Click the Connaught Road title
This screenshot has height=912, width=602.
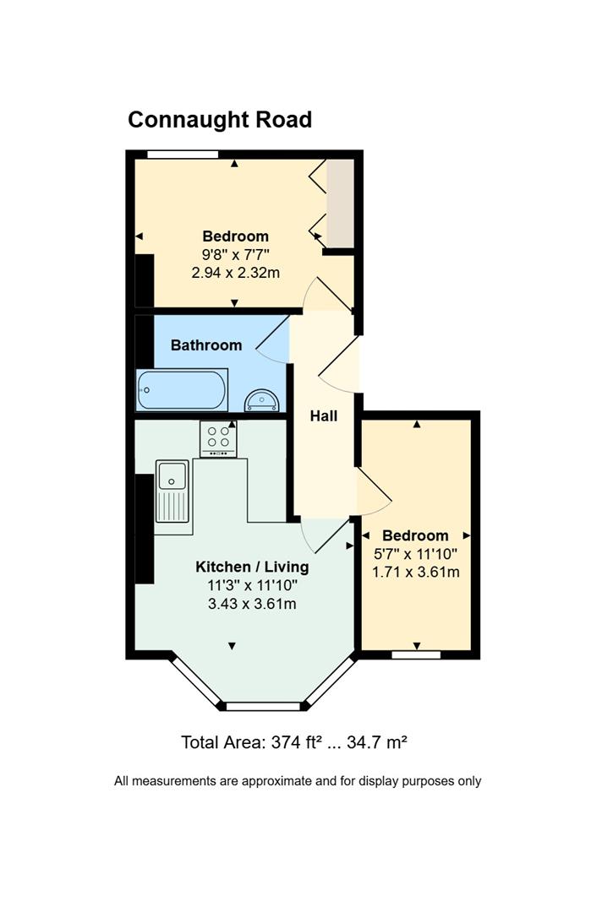[220, 120]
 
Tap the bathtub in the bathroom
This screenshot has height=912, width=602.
[182, 389]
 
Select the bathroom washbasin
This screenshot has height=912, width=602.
[262, 400]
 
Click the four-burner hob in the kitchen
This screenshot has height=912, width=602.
[218, 438]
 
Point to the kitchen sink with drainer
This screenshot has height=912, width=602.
[173, 491]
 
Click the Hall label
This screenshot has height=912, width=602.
[324, 415]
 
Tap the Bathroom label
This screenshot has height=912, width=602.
[206, 345]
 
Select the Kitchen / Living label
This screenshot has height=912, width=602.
[252, 567]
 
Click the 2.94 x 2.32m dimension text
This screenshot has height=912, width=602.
[235, 272]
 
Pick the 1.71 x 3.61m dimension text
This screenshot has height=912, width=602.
[416, 572]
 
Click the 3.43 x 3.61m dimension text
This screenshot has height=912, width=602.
[252, 604]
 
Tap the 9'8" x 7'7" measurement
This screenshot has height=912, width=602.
[235, 254]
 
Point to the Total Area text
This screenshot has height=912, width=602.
[294, 742]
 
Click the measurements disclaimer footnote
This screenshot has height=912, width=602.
[298, 781]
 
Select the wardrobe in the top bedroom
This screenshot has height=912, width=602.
[340, 203]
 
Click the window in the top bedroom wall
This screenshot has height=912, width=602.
[183, 155]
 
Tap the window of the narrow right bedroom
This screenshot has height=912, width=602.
[416, 655]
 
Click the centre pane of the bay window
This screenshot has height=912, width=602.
[263, 706]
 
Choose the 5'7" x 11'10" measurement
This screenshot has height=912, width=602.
[416, 554]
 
